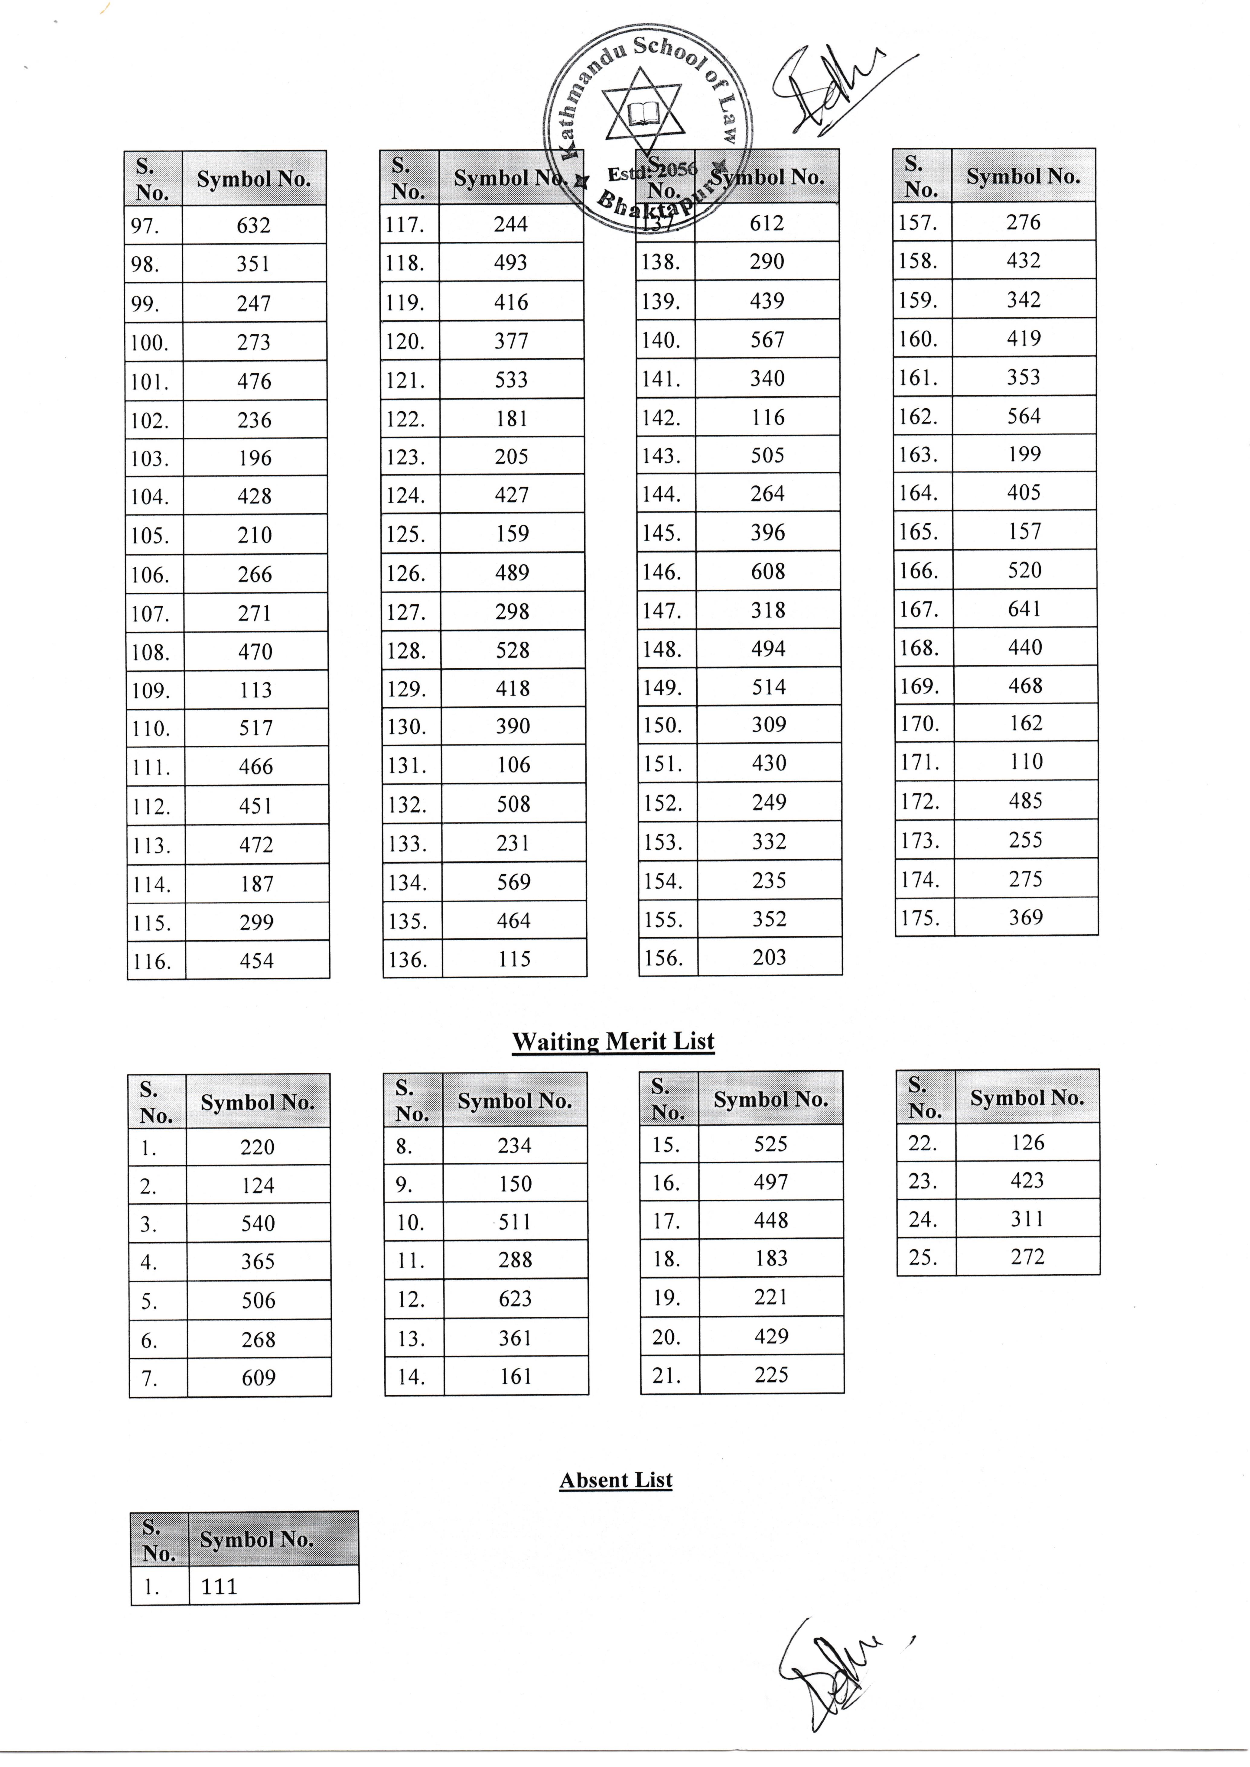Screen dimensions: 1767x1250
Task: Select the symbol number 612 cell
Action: click(767, 223)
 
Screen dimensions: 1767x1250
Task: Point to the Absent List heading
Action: click(616, 1480)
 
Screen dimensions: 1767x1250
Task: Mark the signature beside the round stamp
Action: click(831, 89)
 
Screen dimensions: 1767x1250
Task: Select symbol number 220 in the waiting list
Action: click(257, 1147)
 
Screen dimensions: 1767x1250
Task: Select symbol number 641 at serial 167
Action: click(1024, 610)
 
